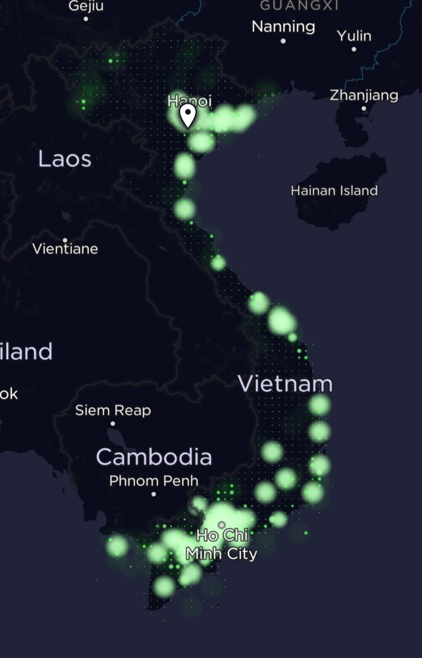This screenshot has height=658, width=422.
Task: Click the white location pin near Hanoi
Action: [x=188, y=114]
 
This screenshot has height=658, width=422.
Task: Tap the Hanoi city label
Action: [x=190, y=101]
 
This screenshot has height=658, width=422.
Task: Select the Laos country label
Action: [x=65, y=159]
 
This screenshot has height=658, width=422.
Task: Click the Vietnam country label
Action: [x=285, y=384]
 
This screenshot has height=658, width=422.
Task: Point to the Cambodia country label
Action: [x=154, y=456]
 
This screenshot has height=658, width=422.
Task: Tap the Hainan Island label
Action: [x=334, y=191]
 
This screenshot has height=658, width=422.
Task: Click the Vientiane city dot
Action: [x=65, y=240]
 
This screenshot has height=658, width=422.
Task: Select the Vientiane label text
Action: [x=65, y=249]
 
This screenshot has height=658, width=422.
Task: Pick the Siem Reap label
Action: [x=113, y=410]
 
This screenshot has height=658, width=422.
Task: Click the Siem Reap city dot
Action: [x=113, y=424]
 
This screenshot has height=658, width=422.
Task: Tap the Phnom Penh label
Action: [x=154, y=481]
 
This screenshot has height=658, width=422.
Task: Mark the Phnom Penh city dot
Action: [x=153, y=494]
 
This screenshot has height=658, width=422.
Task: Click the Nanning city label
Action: [x=283, y=26]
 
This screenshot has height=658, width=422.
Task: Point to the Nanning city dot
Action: [x=283, y=41]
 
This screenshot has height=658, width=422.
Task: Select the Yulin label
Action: [x=354, y=35]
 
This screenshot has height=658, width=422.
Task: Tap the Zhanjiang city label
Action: [x=364, y=95]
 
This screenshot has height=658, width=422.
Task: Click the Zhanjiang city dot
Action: [x=364, y=108]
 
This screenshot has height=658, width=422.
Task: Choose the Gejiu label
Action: [x=86, y=6]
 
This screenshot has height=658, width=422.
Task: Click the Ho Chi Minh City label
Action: [x=222, y=544]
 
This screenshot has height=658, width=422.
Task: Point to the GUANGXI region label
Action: [x=299, y=5]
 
